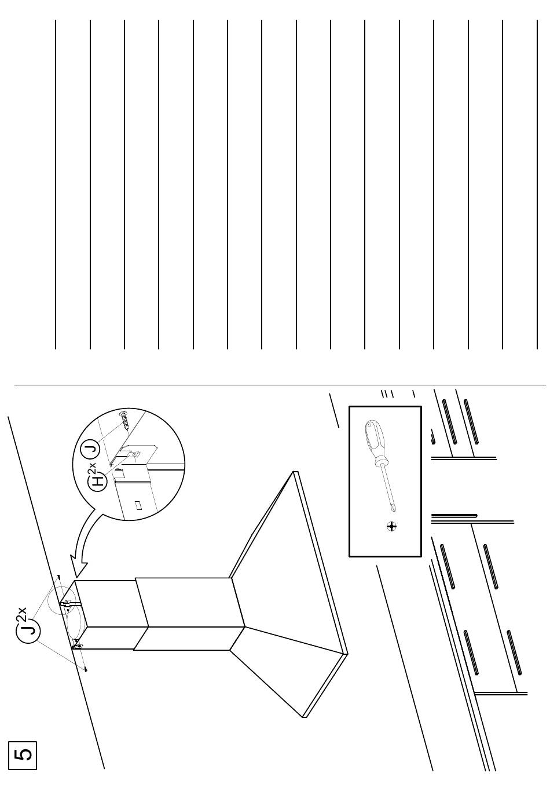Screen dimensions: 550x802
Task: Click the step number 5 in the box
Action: [23, 756]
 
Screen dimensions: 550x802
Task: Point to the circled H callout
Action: [100, 480]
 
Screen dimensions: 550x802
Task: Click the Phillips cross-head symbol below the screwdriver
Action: [392, 526]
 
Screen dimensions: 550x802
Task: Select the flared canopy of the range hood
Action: [289, 614]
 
